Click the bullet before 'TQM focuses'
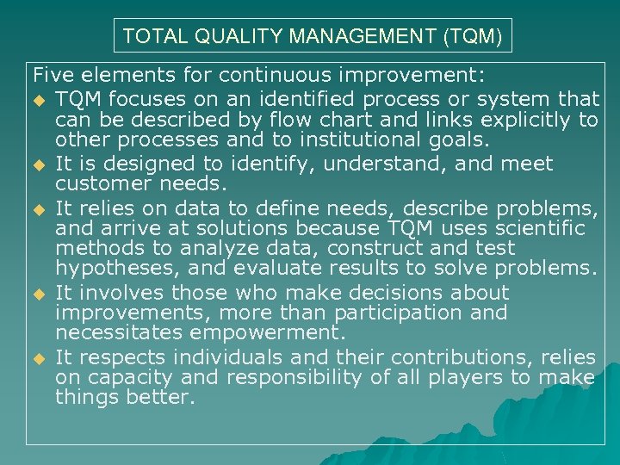pyautogui.click(x=40, y=99)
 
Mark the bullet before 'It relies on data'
pyautogui.click(x=40, y=208)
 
